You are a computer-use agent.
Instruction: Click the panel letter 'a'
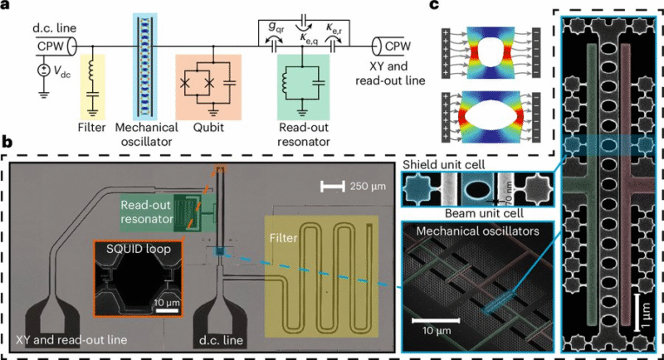[x=7, y=7]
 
